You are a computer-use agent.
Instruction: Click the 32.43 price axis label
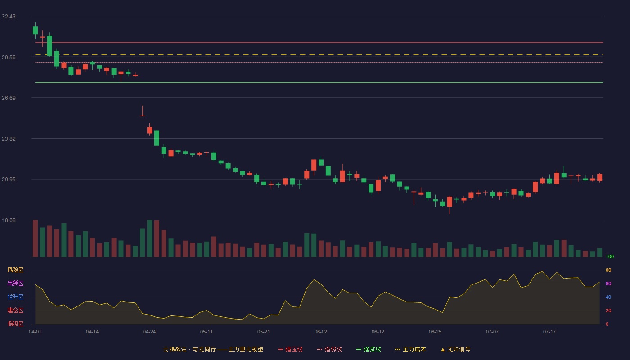click(9, 17)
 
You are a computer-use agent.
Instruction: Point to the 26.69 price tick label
click(9, 98)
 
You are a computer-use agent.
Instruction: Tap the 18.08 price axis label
click(9, 220)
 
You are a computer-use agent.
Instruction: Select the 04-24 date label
click(149, 332)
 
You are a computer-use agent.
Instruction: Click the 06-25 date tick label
click(435, 332)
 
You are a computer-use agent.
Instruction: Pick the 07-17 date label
click(549, 332)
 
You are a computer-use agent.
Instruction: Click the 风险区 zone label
click(15, 270)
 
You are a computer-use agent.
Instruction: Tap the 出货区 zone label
click(15, 283)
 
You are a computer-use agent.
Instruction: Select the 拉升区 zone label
click(15, 297)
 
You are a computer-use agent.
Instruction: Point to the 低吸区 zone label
click(15, 324)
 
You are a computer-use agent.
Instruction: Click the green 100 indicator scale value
click(610, 256)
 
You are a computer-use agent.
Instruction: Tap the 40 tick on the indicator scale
click(608, 297)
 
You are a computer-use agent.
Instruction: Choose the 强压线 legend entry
click(290, 349)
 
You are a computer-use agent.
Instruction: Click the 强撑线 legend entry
click(369, 349)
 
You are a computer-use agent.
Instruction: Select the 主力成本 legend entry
click(410, 349)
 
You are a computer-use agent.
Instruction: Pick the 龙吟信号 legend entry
click(455, 349)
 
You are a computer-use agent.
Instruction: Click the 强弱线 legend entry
click(329, 349)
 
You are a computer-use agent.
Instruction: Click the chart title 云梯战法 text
click(175, 349)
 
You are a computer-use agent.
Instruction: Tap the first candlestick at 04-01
click(35, 30)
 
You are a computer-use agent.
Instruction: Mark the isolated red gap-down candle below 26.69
click(142, 111)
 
